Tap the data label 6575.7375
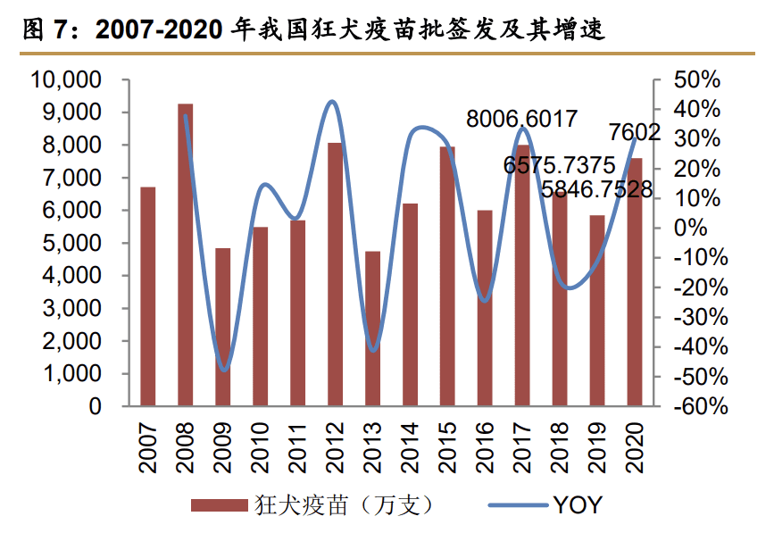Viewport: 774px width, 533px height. [x=560, y=165]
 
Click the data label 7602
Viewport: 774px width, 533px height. [x=635, y=133]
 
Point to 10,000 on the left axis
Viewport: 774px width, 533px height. [x=68, y=80]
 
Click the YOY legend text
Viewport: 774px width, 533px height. [x=578, y=505]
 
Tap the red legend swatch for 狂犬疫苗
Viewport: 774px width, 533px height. [x=219, y=506]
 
